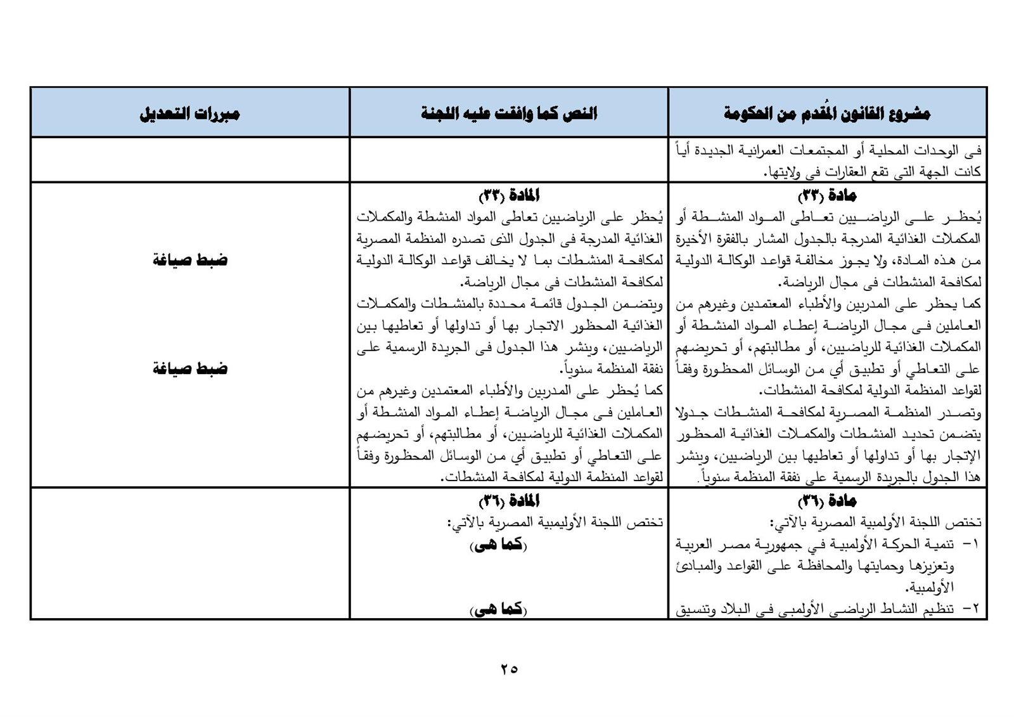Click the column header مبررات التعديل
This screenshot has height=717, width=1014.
point(189,114)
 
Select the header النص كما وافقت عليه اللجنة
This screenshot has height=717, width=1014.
point(509,114)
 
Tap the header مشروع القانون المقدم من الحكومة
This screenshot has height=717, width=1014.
point(827,114)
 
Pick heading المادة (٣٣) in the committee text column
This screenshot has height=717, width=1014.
point(509,195)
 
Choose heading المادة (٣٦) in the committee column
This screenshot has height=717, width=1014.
point(509,501)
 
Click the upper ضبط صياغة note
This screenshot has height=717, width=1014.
point(189,260)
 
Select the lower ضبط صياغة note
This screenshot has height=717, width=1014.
point(189,369)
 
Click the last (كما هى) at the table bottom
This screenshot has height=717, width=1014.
point(499,609)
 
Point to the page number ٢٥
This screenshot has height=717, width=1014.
point(509,668)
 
